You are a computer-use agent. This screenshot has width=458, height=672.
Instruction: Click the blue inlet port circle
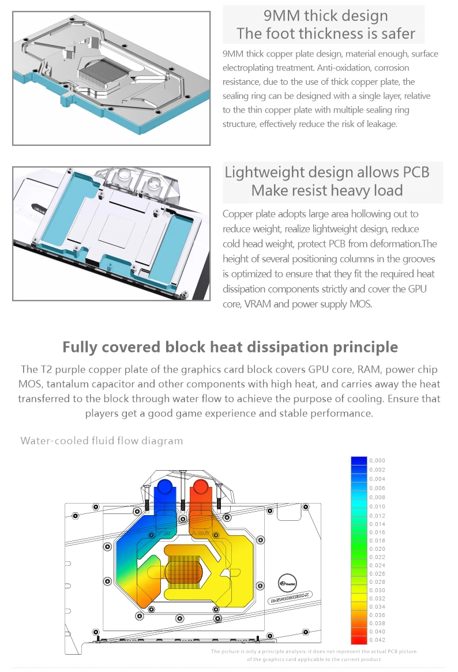coord(164,487)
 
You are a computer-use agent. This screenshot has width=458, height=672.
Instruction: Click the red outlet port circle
coord(201,487)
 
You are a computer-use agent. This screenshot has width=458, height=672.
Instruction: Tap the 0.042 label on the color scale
coord(377,640)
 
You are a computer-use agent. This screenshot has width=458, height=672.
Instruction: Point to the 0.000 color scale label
coord(377,461)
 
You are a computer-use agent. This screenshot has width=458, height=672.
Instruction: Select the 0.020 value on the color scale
coord(377,549)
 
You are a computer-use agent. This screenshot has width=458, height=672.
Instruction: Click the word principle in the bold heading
coord(365,347)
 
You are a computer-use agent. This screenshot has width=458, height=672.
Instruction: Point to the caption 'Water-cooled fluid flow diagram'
coord(102,441)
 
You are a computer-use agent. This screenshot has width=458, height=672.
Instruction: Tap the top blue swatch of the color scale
coord(359,461)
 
